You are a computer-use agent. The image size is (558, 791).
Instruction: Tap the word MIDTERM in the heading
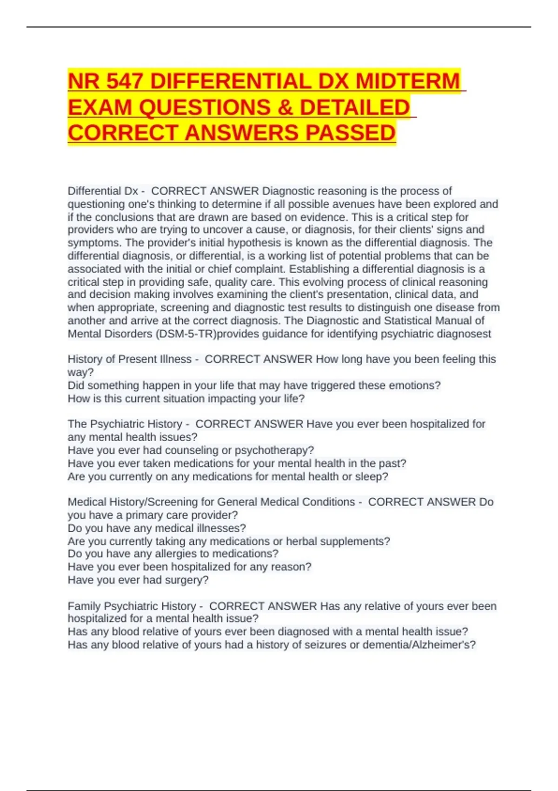(x=407, y=81)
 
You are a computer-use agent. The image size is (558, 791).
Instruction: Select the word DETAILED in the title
(x=355, y=107)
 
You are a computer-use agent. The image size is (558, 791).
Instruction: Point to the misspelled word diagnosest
(x=463, y=334)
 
